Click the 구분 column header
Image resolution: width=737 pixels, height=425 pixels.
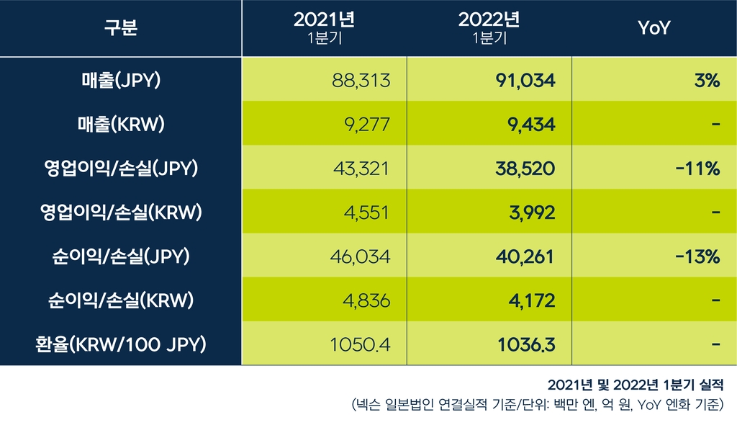[x=120, y=29]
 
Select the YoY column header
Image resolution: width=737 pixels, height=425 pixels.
[x=654, y=29]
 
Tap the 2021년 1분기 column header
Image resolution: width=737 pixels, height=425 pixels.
[x=324, y=29]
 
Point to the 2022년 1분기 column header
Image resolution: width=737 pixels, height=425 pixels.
[x=489, y=29]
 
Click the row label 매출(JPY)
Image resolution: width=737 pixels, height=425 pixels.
[x=120, y=81]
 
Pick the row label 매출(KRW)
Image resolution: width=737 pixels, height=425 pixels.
[x=120, y=125]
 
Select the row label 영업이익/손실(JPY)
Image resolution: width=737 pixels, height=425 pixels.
[x=120, y=169]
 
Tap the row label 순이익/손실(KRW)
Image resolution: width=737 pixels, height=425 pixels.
[x=120, y=300]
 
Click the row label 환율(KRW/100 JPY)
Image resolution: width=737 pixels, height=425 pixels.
[x=120, y=344]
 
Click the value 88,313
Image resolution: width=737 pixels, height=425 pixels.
[x=361, y=81]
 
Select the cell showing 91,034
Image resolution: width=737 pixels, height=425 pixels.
[x=526, y=81]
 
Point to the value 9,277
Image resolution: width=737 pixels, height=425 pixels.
[x=368, y=125]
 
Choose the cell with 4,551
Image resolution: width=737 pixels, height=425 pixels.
[x=368, y=212]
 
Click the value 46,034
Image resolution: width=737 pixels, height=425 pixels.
[x=361, y=256]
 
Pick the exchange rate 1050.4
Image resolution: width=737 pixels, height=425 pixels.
[x=360, y=344]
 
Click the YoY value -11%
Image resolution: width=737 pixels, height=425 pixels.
[x=698, y=169]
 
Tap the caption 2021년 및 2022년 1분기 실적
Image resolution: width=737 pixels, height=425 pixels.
[x=635, y=383]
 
